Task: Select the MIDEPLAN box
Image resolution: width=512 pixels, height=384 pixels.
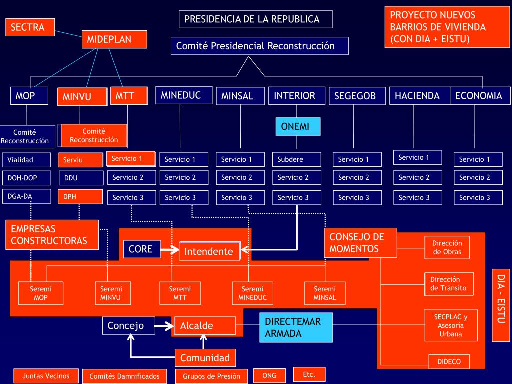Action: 114,39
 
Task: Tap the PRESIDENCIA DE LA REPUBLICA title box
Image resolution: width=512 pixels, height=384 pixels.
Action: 255,19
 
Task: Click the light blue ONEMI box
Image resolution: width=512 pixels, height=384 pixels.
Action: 297,127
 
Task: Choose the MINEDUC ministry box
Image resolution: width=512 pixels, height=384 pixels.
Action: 181,96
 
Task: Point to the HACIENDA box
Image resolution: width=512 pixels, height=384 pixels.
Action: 417,96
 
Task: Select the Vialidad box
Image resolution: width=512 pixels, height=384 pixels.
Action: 26,160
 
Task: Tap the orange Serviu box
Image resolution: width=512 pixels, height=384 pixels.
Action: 80,160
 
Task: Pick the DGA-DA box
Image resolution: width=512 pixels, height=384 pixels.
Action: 26,196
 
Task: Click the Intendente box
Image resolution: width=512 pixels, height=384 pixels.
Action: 209,251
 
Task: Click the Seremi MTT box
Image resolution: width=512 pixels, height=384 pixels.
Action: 180,293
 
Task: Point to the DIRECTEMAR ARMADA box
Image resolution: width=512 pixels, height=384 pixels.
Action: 296,327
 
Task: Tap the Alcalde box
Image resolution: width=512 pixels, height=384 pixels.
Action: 205,326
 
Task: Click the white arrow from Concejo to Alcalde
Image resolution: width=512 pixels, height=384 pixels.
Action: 161,326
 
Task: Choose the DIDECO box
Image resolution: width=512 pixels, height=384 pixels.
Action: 449,362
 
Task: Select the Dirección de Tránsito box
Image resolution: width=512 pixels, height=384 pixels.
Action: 449,284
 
